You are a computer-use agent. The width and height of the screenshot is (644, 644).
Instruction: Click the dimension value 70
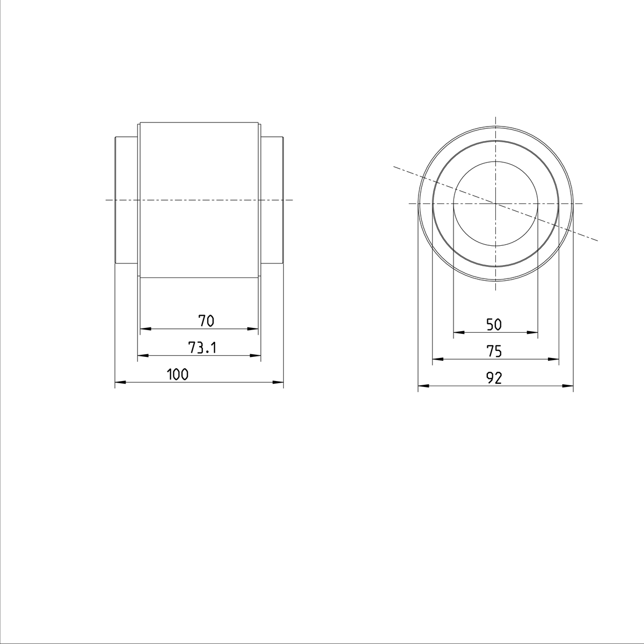coord(206,321)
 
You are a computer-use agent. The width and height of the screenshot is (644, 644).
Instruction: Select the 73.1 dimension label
coord(202,348)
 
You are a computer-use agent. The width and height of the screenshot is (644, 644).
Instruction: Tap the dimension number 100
coord(178,375)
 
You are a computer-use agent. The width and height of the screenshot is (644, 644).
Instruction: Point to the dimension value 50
coord(494,324)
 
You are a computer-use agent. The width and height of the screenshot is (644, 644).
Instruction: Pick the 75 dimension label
coord(494,352)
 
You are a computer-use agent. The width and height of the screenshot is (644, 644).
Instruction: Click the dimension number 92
coord(494,378)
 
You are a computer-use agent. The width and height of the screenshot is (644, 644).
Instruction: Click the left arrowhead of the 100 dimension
coord(120,382)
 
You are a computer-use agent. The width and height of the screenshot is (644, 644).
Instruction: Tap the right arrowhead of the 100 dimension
coord(279,382)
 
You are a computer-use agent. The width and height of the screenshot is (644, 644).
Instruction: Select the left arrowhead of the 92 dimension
coord(423,386)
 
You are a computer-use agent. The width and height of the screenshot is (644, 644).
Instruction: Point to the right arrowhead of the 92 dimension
coord(568,386)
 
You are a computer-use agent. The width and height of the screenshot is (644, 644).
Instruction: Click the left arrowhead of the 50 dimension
coord(458,333)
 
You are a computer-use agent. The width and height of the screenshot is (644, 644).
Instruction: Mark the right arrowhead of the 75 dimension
coord(554,359)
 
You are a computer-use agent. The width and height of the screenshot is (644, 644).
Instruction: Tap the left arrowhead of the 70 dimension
coord(144,328)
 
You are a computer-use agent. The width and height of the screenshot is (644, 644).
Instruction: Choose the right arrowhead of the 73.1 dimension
coord(256,355)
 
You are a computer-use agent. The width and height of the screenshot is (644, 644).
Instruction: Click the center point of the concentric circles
coord(495,204)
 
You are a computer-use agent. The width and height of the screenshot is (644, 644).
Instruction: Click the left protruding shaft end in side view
coord(127,200)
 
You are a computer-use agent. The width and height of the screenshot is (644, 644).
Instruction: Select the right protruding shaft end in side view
coord(272,200)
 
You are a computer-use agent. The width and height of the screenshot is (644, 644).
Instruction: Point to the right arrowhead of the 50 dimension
coord(533,333)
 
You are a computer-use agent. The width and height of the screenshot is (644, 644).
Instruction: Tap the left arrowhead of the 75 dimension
coord(437,359)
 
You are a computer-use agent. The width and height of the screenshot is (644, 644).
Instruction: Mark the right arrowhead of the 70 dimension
coord(254,328)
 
